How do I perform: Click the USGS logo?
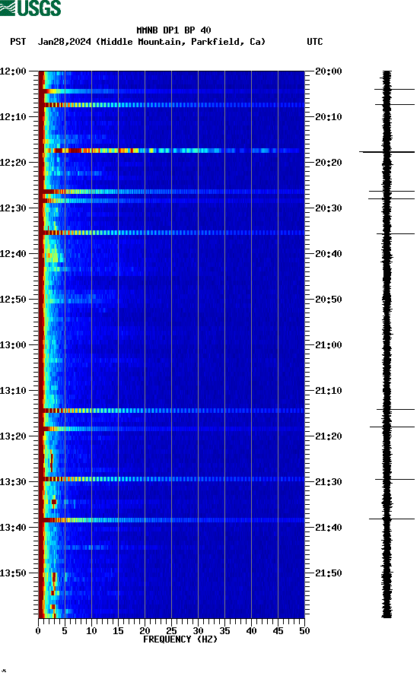pyautogui.click(x=30, y=8)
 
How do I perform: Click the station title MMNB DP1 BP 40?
pyautogui.click(x=173, y=30)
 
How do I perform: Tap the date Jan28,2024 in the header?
pyautogui.click(x=65, y=42)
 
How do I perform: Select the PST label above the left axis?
pyautogui.click(x=18, y=42)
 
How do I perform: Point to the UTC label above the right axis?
pyautogui.click(x=314, y=42)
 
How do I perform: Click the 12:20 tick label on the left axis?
pyautogui.click(x=13, y=163)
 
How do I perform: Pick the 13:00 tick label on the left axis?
pyautogui.click(x=13, y=345)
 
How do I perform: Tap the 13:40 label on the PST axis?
pyautogui.click(x=13, y=528)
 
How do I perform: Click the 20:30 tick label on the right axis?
pyautogui.click(x=328, y=208)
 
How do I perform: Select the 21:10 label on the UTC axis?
pyautogui.click(x=328, y=391)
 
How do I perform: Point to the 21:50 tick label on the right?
pyautogui.click(x=328, y=573)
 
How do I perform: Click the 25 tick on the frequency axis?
pyautogui.click(x=171, y=630)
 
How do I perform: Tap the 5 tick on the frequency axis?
pyautogui.click(x=65, y=630)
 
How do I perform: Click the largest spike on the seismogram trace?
pyautogui.click(x=387, y=152)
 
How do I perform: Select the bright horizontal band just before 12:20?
pyautogui.click(x=171, y=151)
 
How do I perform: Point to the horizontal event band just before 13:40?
pyautogui.click(x=171, y=520)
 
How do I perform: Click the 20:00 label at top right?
pyautogui.click(x=328, y=71)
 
